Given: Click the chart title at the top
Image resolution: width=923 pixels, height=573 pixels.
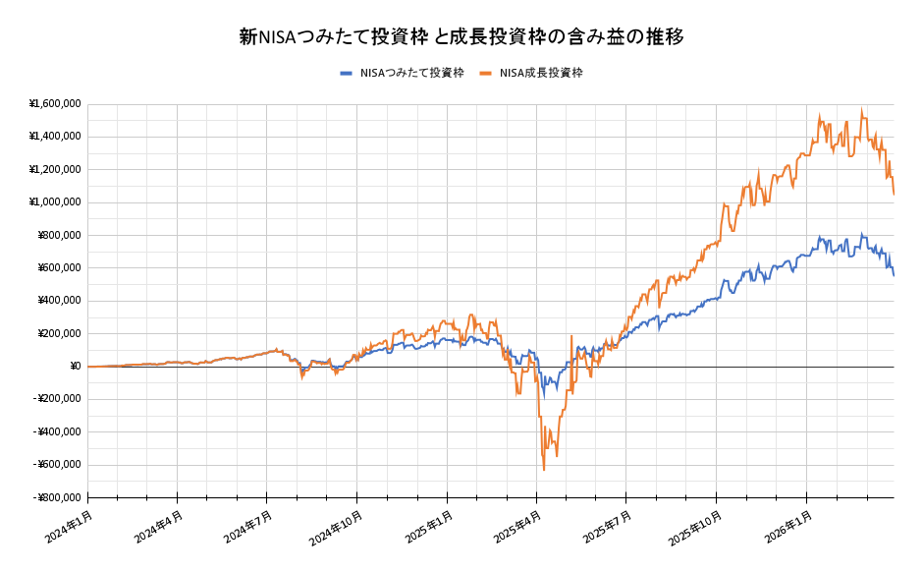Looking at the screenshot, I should pos(461,36).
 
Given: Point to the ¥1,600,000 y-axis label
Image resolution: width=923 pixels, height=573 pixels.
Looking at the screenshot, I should pos(55,104).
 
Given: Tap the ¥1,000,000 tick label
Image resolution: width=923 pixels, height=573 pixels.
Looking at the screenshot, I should pos(55,202).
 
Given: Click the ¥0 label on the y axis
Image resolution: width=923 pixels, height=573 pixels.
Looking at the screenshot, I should pos(75,367).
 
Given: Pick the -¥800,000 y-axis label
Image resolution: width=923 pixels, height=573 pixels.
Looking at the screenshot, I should pos(57,497).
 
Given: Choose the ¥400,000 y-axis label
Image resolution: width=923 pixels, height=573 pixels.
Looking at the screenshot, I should pos(59,301).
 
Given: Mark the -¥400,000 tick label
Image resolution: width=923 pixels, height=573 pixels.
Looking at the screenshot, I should pos(57,431).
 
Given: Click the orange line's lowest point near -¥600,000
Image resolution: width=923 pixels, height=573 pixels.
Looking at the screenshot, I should pos(544,470).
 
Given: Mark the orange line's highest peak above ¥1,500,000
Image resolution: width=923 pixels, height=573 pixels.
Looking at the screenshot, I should pos(862,110).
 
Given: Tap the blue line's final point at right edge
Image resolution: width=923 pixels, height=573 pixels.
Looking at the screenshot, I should pos(894,275).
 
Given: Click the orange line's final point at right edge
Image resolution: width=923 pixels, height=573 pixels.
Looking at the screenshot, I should pos(894,195).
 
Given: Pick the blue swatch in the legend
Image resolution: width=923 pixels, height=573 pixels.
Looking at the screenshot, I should pos(346,73).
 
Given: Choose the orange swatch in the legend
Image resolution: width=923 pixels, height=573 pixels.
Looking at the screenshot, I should pos(486,73).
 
